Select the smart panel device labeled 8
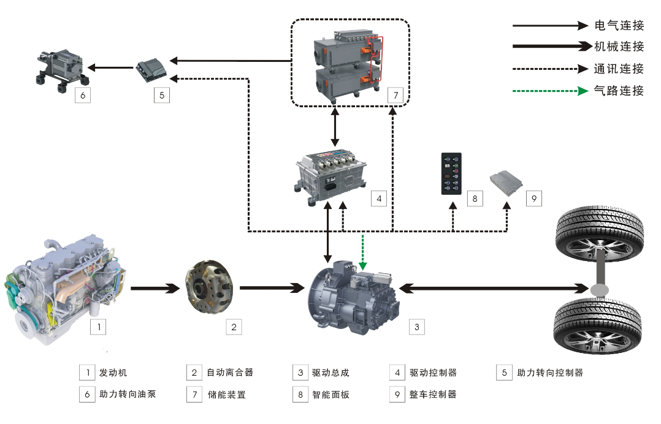[x=451, y=173]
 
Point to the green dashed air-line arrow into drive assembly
[x=363, y=252]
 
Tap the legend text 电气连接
[x=619, y=26]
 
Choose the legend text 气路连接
[x=619, y=91]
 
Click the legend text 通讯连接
[x=619, y=69]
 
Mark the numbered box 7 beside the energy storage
[x=395, y=96]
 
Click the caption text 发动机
[x=113, y=373]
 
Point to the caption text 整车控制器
[x=433, y=395]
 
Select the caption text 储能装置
[x=227, y=395]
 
